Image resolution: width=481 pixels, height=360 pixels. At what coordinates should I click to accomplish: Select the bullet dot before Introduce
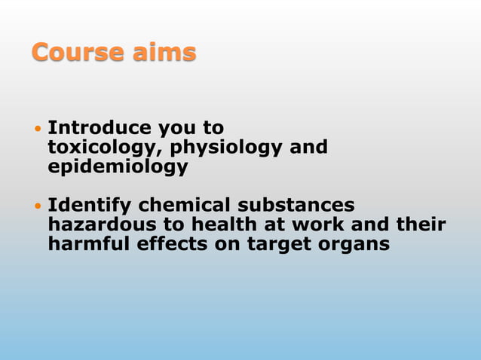(x=38, y=128)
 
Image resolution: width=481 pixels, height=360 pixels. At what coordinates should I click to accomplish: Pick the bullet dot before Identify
(x=38, y=206)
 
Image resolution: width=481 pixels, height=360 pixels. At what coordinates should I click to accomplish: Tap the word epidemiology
(x=118, y=166)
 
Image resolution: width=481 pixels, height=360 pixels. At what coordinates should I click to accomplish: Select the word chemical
(x=185, y=205)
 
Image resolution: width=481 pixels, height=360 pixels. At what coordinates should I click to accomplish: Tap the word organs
(x=359, y=244)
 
